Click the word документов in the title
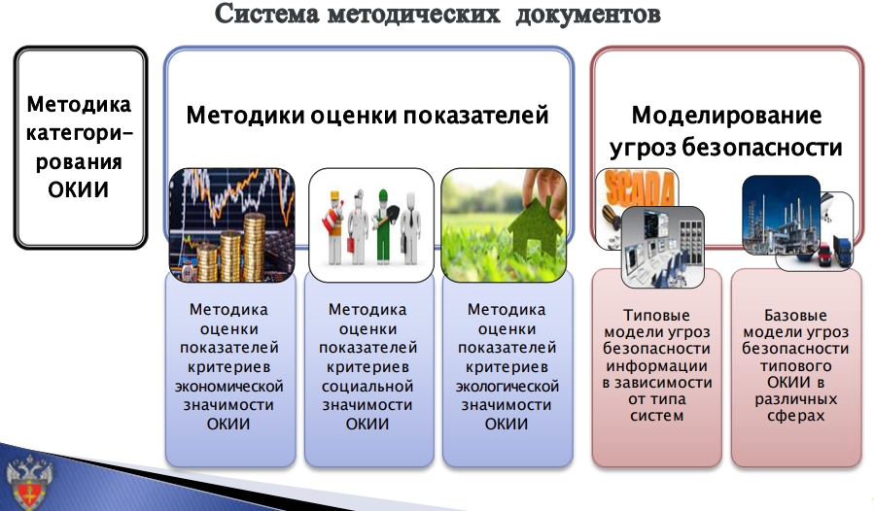click(588, 15)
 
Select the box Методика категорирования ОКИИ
click(81, 147)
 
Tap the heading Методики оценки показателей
click(367, 116)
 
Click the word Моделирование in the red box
click(726, 116)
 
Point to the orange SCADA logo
click(640, 189)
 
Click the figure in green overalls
click(383, 225)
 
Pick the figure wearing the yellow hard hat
click(335, 227)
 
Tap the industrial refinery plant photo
click(782, 215)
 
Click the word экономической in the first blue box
click(229, 387)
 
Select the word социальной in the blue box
click(367, 387)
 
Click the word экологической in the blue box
click(507, 387)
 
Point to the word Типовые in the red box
click(656, 316)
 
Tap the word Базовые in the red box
click(795, 316)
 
